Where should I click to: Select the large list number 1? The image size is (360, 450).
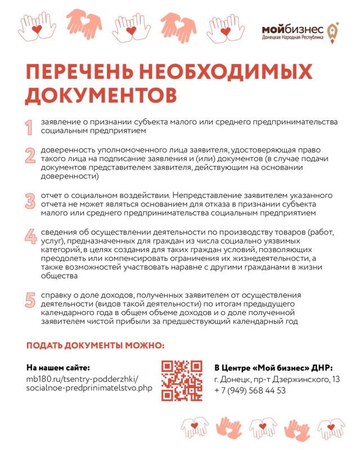29,127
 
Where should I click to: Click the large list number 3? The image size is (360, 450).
29,200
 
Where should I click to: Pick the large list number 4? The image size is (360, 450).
29,237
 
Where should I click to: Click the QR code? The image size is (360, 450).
182,380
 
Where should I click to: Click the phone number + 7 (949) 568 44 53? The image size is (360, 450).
250,390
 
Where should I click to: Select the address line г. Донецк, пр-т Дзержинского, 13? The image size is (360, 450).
277,380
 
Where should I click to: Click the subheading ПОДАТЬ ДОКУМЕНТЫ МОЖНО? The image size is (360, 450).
96,345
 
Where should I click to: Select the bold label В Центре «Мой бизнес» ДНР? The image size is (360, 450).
273,367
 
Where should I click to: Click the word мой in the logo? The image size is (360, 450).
274,29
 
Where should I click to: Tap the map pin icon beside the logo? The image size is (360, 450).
333,31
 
